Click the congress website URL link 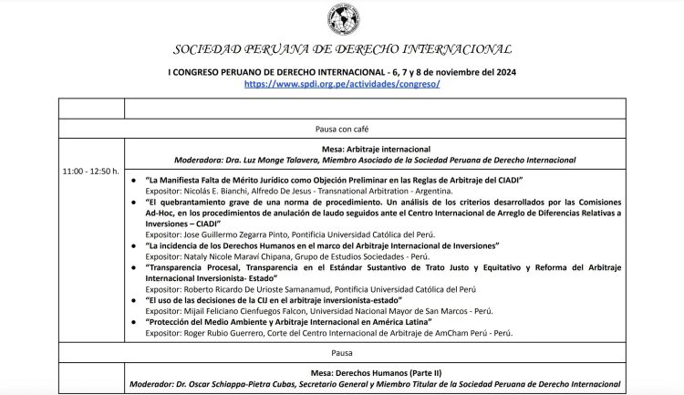coord(341,83)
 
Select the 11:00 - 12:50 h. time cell coord(91,171)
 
